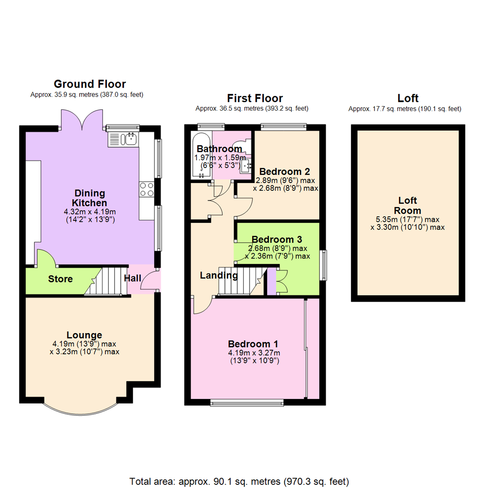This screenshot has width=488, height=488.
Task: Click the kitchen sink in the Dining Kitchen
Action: tap(123, 139)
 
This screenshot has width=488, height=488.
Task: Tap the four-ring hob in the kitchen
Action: tap(146, 189)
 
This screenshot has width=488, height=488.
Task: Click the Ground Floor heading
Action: tap(89, 84)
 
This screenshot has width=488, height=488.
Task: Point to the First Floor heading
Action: tap(255, 98)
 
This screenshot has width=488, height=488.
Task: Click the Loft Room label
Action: tap(408, 206)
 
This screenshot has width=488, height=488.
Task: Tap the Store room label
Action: tap(60, 279)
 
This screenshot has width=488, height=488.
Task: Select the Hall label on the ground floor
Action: tap(133, 278)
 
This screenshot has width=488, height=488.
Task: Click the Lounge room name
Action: tap(84, 335)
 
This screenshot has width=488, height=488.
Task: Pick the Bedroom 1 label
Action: tap(253, 344)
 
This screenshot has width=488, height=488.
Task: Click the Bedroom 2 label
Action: tap(285, 172)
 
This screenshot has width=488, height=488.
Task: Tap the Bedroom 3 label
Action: tap(277, 239)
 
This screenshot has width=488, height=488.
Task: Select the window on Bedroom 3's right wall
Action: tap(324, 265)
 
